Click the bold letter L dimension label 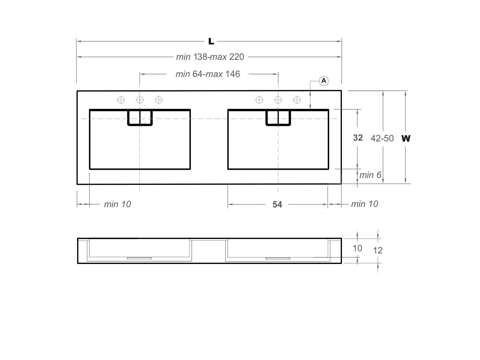click(x=211, y=41)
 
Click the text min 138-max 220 click(x=210, y=57)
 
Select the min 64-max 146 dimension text click(x=208, y=74)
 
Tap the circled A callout click(x=324, y=81)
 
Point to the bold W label click(x=406, y=138)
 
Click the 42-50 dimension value click(x=382, y=138)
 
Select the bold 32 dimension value click(x=358, y=138)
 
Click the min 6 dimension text click(x=370, y=175)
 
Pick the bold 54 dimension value click(x=277, y=205)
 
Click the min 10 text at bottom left click(x=117, y=204)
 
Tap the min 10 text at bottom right click(x=364, y=204)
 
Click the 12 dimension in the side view click(x=378, y=250)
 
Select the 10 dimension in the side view click(x=357, y=248)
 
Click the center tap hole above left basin click(x=140, y=100)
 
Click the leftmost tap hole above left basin click(x=121, y=100)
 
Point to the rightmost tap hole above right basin click(x=297, y=100)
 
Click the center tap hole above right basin click(x=278, y=100)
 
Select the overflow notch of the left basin click(x=140, y=118)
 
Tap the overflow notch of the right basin click(x=278, y=118)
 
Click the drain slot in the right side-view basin click(x=278, y=259)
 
